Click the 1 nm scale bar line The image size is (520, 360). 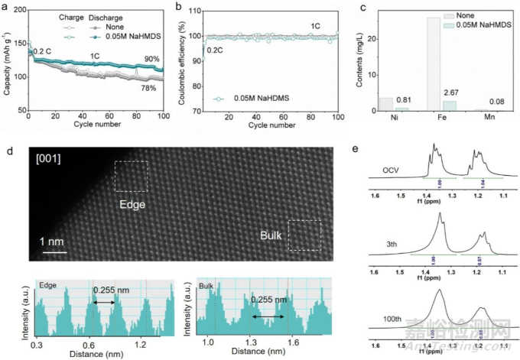[52, 251]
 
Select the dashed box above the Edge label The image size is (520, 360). [132, 176]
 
